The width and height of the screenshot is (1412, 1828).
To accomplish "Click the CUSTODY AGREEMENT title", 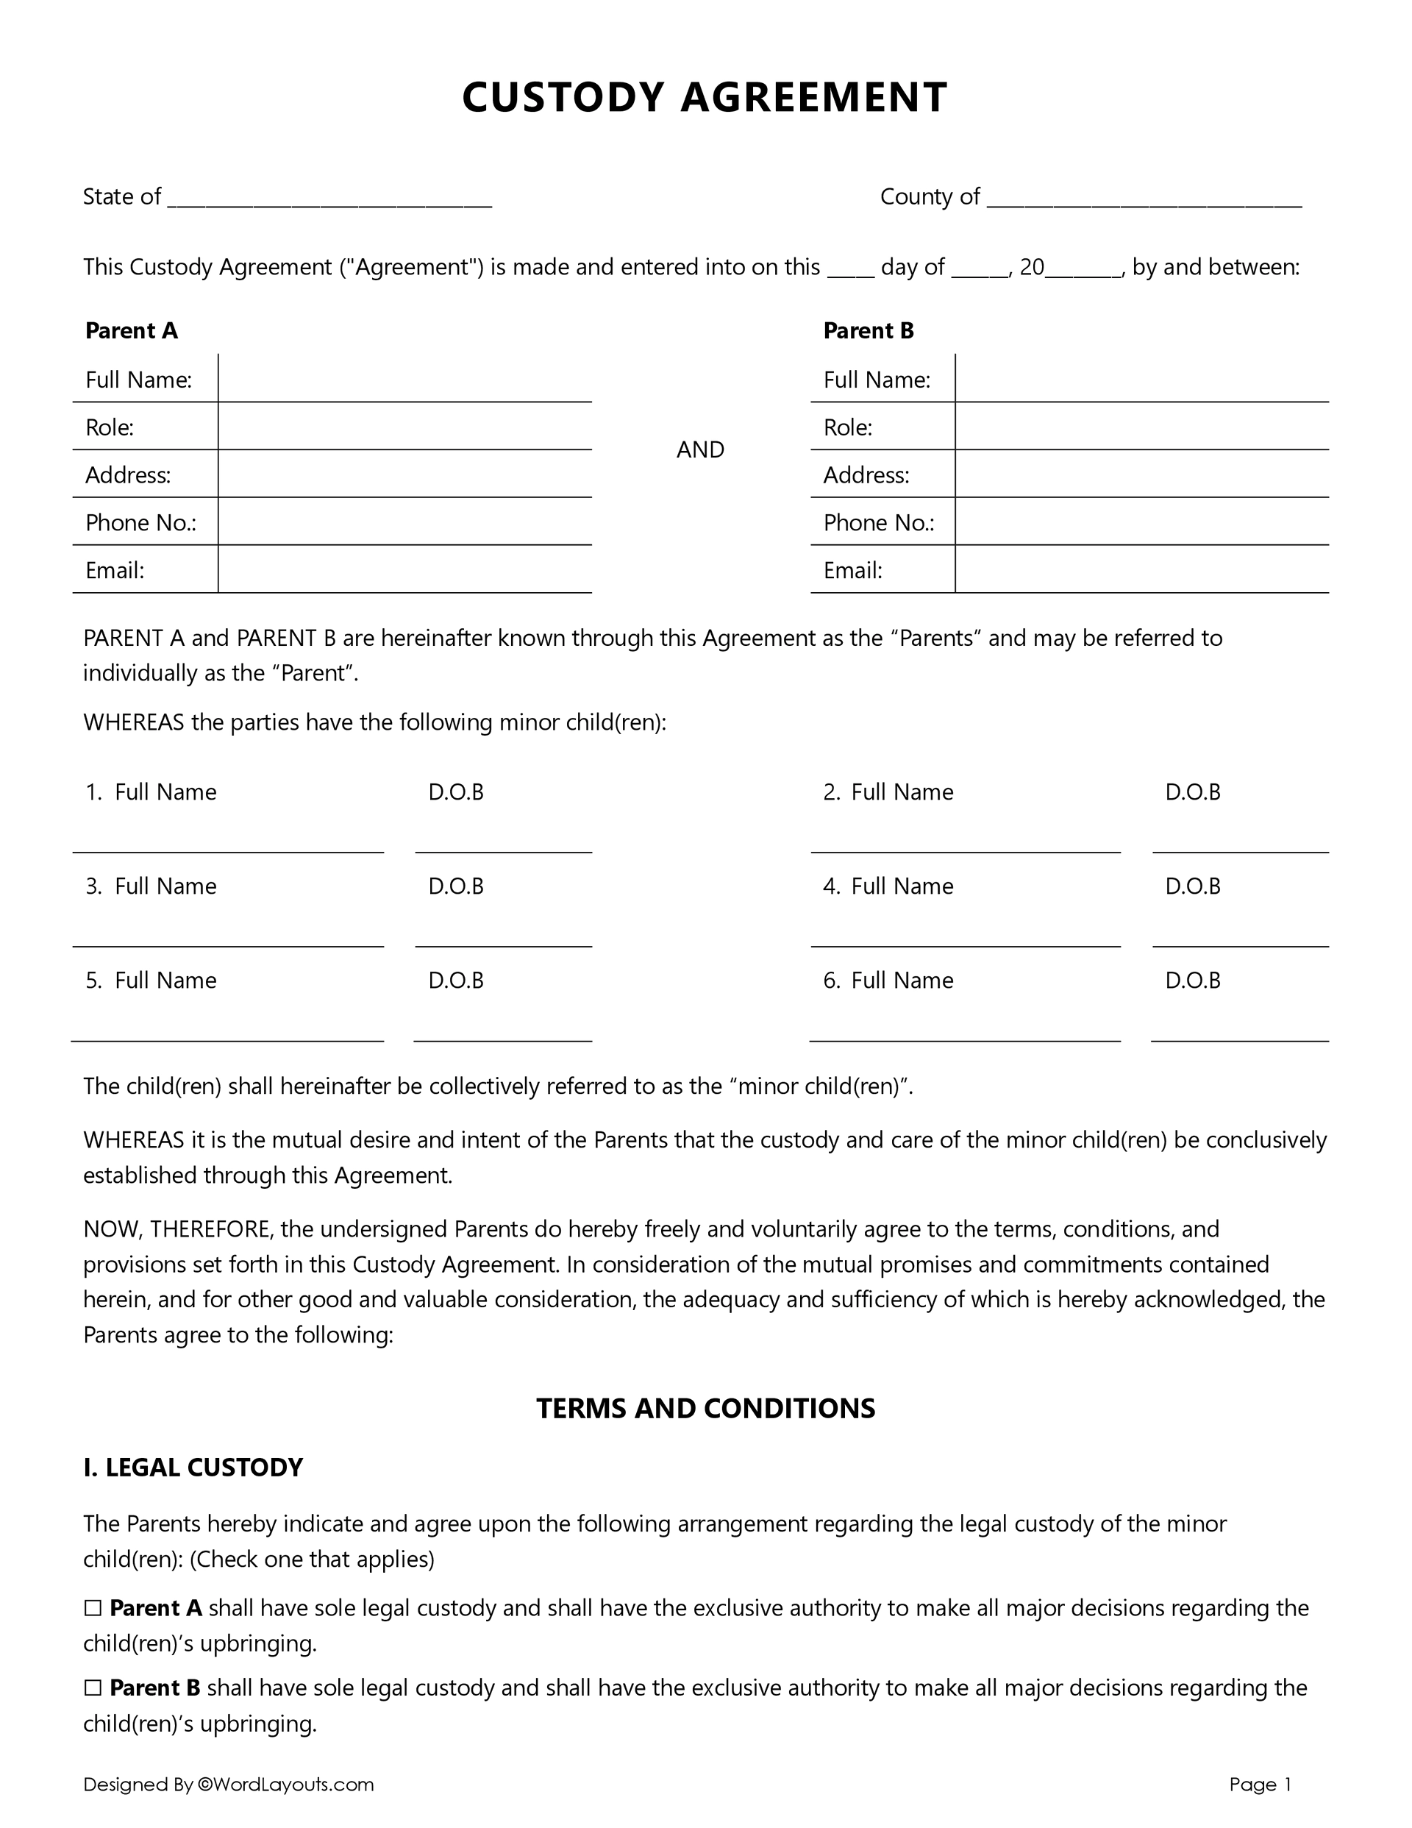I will coord(705,97).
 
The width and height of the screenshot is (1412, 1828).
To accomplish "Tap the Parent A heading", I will coord(132,330).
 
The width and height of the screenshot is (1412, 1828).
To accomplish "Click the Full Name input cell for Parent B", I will coord(1141,379).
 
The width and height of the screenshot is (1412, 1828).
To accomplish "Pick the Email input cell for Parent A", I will coord(404,570).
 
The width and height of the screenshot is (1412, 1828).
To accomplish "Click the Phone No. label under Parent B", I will coord(878,523).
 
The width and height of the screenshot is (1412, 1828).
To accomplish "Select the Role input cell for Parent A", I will coord(404,427).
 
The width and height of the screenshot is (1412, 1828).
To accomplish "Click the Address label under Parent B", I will coord(866,475).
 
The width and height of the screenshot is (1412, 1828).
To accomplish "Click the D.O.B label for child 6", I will coord(1193,980).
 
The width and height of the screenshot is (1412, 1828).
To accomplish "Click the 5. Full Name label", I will coord(151,980).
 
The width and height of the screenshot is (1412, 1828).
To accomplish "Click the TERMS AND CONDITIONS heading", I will coord(705,1409).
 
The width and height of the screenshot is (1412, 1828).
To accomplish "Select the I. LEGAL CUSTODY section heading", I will coord(193,1468).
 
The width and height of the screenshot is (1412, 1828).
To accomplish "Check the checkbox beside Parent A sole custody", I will coord(93,1609).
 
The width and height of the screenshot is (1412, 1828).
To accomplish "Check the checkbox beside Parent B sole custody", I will coord(93,1688).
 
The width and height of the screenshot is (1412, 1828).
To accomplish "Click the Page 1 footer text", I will coord(1260,1785).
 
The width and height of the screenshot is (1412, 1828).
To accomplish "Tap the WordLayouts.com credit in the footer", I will coord(285,1785).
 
